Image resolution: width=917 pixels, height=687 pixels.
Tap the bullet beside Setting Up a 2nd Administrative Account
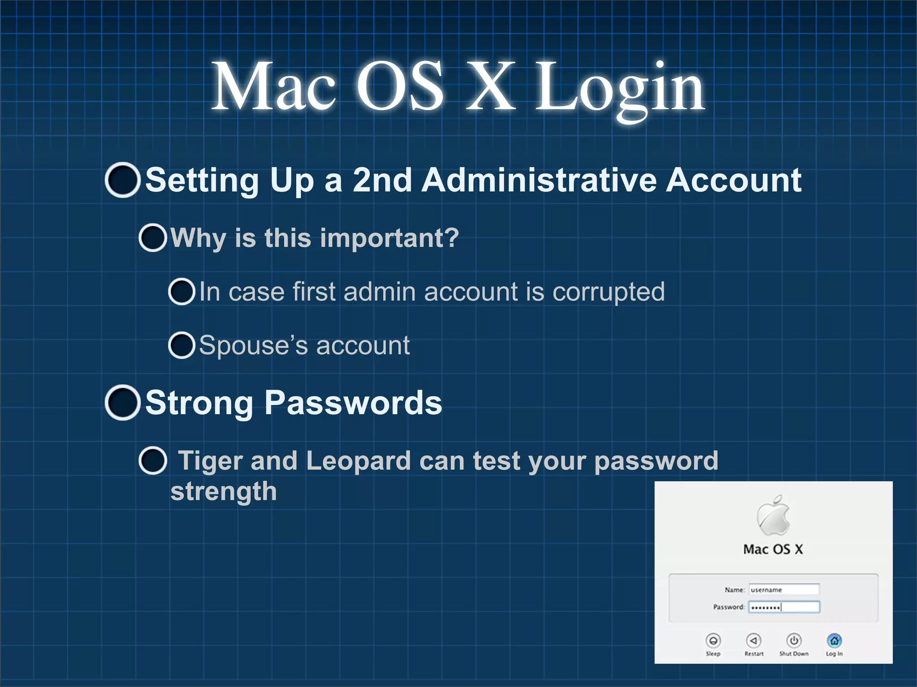click(x=122, y=180)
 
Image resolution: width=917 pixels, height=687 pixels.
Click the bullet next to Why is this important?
click(x=153, y=237)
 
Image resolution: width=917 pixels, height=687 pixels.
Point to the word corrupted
click(x=608, y=292)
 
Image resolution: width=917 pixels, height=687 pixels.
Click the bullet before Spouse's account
click(x=181, y=345)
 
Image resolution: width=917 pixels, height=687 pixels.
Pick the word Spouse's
click(x=253, y=345)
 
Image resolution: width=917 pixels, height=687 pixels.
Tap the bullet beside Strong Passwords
click(x=122, y=403)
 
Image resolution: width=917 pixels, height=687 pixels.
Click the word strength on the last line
click(x=223, y=492)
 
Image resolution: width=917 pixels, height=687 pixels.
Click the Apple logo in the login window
click(x=773, y=516)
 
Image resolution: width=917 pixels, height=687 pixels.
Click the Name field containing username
click(x=784, y=589)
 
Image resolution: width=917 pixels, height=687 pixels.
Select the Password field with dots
click(x=784, y=607)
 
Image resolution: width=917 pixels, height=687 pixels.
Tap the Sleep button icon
click(x=713, y=640)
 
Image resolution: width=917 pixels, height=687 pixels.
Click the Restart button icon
click(x=754, y=640)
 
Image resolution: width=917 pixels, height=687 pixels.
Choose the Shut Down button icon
click(x=794, y=640)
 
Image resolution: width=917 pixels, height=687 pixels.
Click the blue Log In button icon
click(x=834, y=640)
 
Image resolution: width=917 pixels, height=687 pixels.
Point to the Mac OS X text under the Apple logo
click(x=773, y=549)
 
